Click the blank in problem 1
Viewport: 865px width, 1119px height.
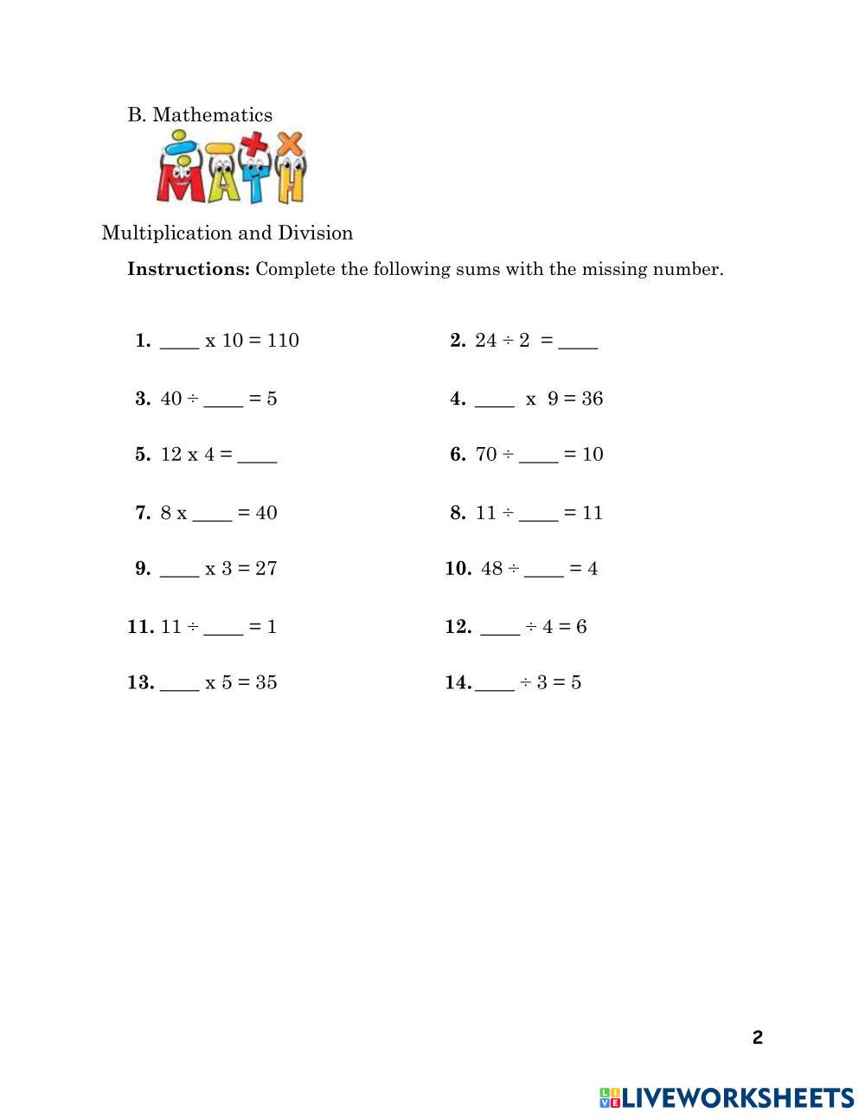tap(179, 342)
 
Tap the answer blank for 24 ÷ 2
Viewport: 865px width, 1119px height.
tap(578, 342)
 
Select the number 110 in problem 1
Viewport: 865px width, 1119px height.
tap(283, 340)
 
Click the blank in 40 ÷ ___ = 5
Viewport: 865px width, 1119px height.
tap(223, 400)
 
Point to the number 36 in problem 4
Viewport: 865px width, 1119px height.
tap(593, 399)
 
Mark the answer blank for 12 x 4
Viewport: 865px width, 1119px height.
tap(257, 457)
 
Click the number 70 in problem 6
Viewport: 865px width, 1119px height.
tap(486, 455)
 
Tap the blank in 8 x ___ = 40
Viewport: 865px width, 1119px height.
tap(212, 515)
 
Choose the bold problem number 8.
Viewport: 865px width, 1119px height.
tap(458, 513)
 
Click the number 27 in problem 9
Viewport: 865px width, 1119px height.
tap(266, 569)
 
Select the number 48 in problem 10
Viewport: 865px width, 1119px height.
tap(492, 569)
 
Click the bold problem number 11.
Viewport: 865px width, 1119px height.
tap(140, 627)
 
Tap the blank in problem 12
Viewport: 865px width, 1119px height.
tap(500, 629)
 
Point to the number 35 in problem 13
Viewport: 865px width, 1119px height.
tap(266, 682)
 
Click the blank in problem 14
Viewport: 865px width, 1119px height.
tap(495, 685)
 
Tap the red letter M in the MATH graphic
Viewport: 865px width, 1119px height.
tap(178, 179)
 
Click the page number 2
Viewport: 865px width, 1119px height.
tap(758, 1038)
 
